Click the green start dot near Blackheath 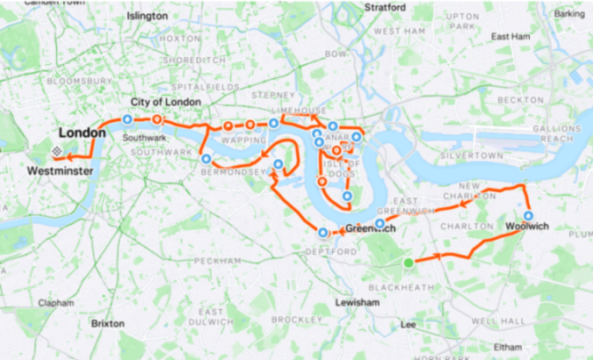coord(409,263)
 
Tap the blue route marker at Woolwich coord(529,215)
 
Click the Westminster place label coord(61,170)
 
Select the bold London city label coord(83,133)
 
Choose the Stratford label coord(386,7)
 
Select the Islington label coord(147,16)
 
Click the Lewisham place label coord(357,302)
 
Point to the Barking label coord(569,14)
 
